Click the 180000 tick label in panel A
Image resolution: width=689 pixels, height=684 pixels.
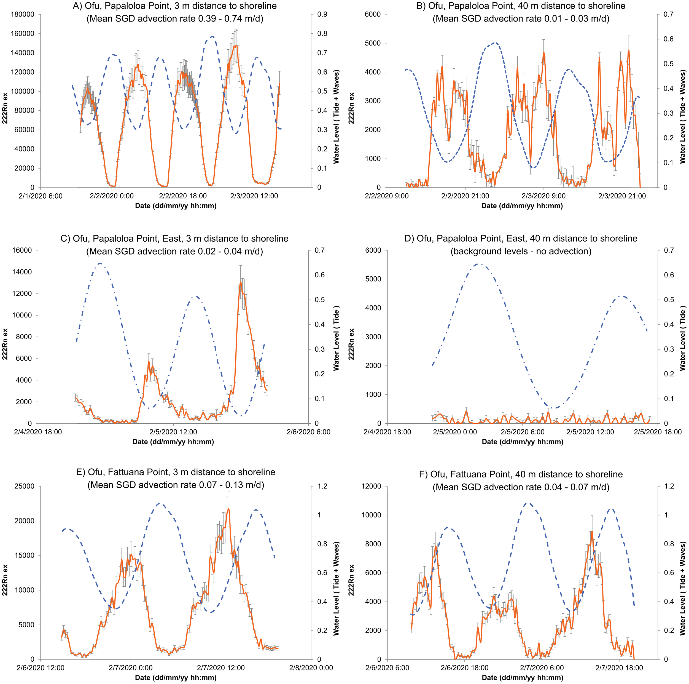point(23,14)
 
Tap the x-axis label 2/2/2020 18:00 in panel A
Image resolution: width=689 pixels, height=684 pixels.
point(183,196)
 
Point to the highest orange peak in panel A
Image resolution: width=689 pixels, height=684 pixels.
point(235,46)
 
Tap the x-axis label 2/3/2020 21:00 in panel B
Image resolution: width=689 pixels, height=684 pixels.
point(622,196)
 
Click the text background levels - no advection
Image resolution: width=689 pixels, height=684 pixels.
point(521,251)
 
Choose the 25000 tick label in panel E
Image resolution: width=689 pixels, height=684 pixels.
point(25,486)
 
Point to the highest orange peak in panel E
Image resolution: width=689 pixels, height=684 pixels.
point(228,509)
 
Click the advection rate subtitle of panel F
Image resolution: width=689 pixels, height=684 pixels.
point(521,487)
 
